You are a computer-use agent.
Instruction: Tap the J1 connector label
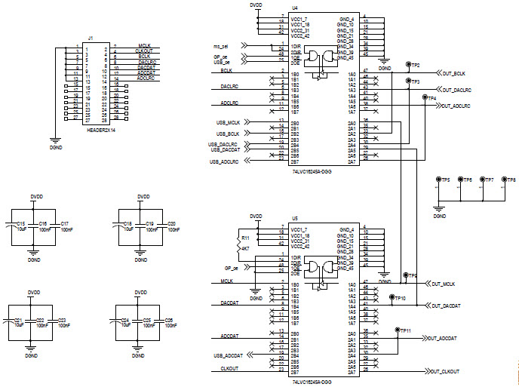tap(91, 38)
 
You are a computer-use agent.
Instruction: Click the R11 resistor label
tap(245, 236)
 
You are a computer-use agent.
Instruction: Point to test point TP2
tap(414, 66)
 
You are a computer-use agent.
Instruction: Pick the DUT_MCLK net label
tap(447, 284)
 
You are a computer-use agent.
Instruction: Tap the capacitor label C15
tap(21, 224)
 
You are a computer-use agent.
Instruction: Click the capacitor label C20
tap(172, 224)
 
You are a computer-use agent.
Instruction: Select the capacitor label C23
tap(62, 321)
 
